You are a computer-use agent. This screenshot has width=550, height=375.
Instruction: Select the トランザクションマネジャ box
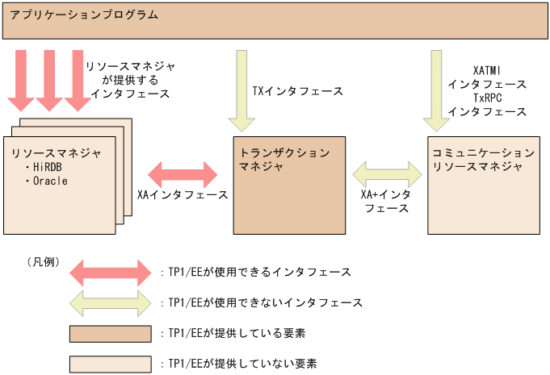pos(288,194)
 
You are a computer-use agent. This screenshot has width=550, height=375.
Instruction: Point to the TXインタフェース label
pos(298,91)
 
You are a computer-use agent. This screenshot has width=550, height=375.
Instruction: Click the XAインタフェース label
pos(183,194)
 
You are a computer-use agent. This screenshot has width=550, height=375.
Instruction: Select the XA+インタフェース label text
pos(386,201)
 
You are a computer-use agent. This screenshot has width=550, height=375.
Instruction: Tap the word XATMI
pos(488,70)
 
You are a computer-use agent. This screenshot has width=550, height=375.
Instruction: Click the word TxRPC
pos(488,98)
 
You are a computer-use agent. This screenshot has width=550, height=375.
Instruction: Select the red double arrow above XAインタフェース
pos(183,173)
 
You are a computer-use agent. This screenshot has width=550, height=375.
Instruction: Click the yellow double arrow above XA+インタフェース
pos(387,173)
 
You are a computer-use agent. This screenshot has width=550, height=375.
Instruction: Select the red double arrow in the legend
pos(110,273)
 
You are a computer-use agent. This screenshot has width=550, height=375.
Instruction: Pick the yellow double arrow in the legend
pos(110,303)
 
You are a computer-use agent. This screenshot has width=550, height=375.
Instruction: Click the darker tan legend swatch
pos(110,334)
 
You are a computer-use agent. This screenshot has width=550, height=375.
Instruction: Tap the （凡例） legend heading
pos(44,261)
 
